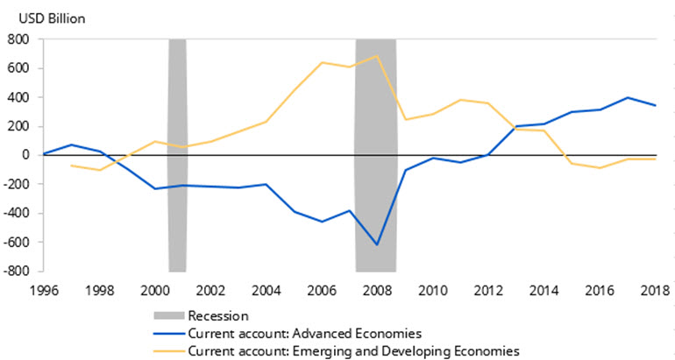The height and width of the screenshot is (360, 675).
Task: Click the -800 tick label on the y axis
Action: pos(17,271)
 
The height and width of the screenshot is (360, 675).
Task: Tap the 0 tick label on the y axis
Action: pos(25,155)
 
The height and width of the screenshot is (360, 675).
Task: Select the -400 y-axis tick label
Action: pos(17,213)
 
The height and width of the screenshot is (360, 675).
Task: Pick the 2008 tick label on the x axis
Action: pos(376,289)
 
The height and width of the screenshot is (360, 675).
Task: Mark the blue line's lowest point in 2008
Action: pos(376,244)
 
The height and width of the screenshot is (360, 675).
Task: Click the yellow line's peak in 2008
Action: pos(376,56)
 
